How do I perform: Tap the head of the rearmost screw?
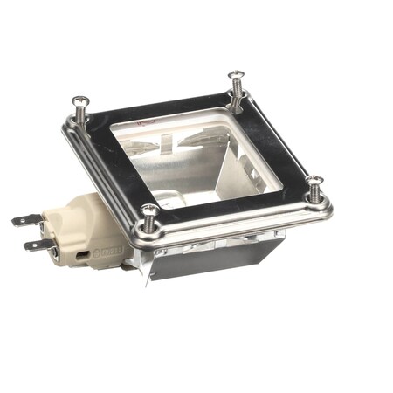pos(235,76)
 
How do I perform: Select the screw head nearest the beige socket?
pos(149,210)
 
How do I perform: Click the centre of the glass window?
pos(196,157)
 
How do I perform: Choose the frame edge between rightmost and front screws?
pos(236,219)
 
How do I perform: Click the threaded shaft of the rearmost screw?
pos(237,91)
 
